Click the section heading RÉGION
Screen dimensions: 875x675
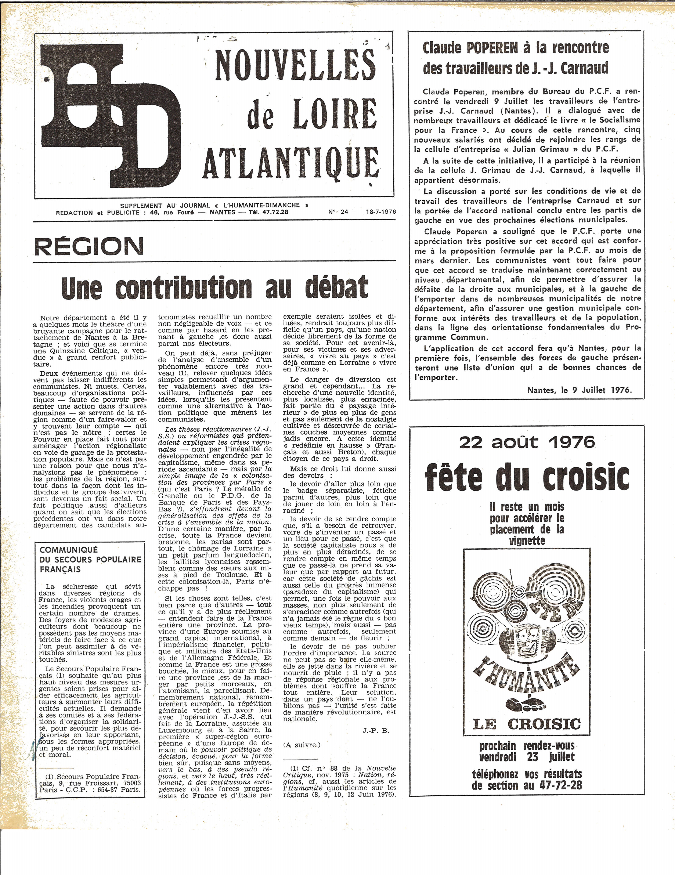click(89, 245)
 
